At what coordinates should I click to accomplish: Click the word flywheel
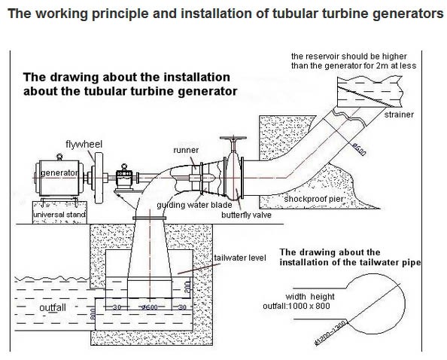pos(84,144)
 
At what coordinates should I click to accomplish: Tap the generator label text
pos(59,173)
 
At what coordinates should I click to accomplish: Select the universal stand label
pos(59,215)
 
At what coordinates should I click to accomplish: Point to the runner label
pos(186,150)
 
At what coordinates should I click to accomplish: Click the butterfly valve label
pos(246,215)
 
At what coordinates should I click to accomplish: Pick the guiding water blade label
pos(194,205)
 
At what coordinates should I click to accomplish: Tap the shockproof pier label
pos(314,199)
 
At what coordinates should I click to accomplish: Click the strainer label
pos(399,114)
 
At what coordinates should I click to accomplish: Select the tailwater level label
pos(240,258)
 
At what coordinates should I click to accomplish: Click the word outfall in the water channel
pos(53,307)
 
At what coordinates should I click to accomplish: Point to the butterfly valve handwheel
pos(233,139)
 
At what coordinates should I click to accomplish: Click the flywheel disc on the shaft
pos(99,178)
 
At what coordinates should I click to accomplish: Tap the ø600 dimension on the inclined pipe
pos(359,149)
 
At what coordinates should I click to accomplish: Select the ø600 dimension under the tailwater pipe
pos(150,307)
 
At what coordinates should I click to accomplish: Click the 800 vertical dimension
pos(93,315)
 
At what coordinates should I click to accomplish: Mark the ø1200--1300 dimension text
pos(330,333)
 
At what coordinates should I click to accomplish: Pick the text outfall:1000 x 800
pos(296,306)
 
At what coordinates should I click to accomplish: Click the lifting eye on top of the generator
pos(59,157)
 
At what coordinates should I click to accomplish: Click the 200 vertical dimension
pos(187,287)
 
